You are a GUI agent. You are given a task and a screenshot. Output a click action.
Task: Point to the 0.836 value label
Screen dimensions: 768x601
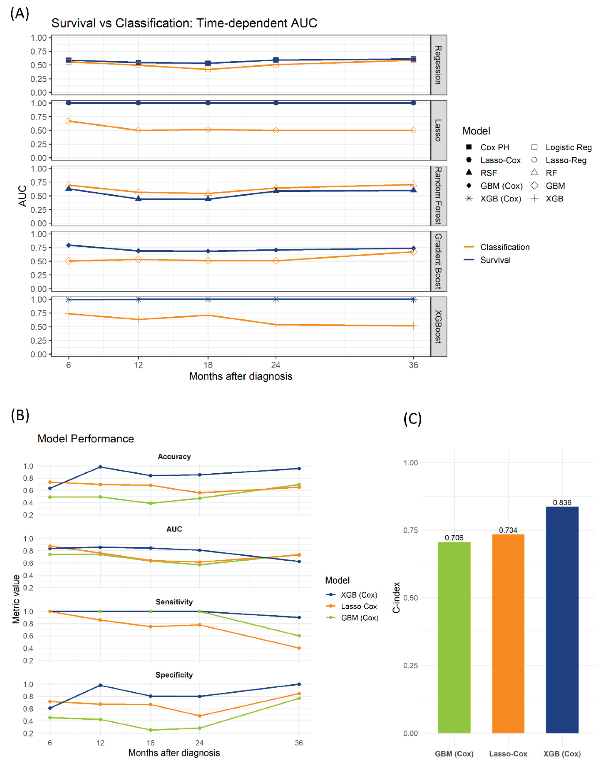click(x=562, y=502)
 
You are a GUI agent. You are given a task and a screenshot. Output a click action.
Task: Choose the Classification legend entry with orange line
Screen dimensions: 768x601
click(x=505, y=247)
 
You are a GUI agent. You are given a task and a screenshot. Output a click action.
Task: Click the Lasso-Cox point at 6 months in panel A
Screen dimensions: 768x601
click(x=69, y=103)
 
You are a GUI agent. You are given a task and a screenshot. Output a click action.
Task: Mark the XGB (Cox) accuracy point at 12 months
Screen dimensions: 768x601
click(x=100, y=467)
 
